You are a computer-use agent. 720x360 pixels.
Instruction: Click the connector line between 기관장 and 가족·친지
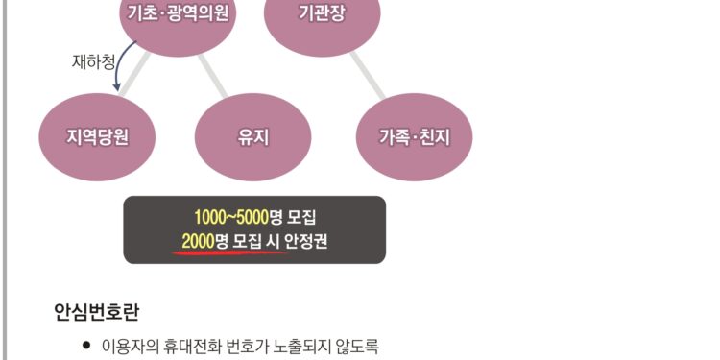369,75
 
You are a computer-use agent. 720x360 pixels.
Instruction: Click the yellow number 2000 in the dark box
198,240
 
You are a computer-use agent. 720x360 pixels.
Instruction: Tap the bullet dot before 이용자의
86,344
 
